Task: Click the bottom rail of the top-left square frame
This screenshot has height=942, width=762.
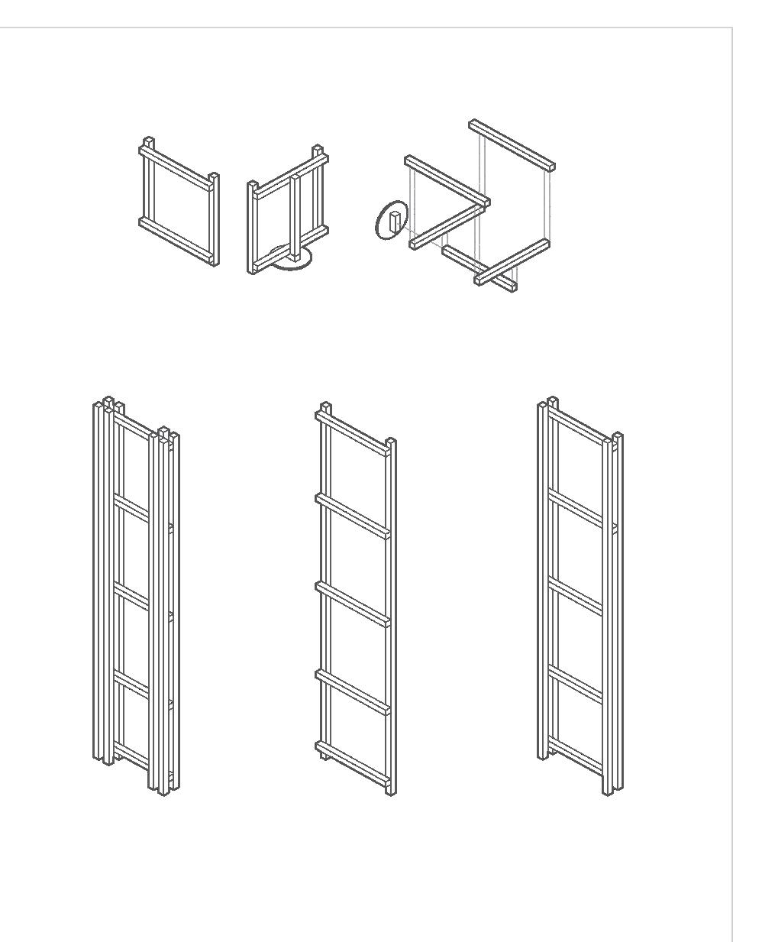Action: pyautogui.click(x=176, y=240)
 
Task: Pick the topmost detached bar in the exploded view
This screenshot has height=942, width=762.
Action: pyautogui.click(x=512, y=144)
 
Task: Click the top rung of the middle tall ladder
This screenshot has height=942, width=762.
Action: pyautogui.click(x=353, y=432)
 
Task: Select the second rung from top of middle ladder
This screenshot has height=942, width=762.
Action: pyautogui.click(x=353, y=516)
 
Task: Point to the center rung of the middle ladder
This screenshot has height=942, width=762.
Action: pyautogui.click(x=353, y=604)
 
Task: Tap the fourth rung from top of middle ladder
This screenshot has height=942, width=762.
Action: pyautogui.click(x=353, y=691)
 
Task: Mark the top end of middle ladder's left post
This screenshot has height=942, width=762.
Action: pyautogui.click(x=325, y=406)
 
